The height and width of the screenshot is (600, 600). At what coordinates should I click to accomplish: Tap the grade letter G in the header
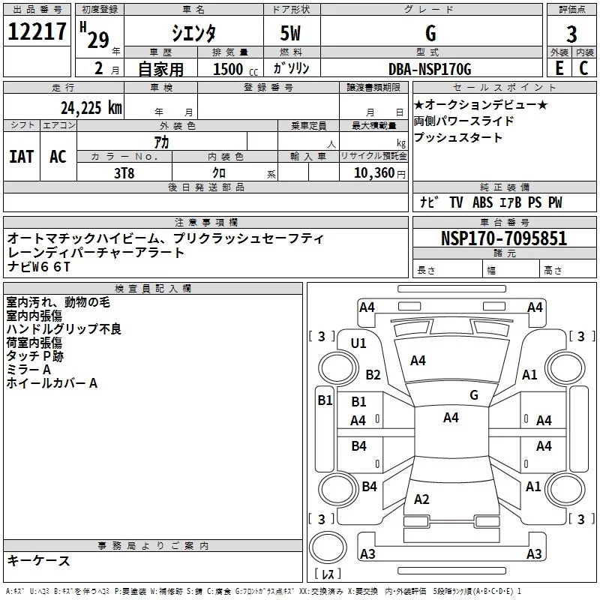pos(430,34)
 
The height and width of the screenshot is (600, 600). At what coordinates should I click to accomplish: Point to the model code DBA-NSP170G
pos(430,70)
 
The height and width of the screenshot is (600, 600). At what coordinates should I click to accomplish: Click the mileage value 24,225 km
pos(91,108)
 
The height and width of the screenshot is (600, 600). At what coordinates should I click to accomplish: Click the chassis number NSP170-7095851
pos(504,239)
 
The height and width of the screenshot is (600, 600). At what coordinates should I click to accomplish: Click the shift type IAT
pos(22,156)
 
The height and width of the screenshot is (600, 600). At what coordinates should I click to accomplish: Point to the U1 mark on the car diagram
pos(358,343)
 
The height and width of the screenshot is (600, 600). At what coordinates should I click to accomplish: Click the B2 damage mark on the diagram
pos(373,375)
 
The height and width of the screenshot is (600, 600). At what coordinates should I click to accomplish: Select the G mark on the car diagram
pos(474,395)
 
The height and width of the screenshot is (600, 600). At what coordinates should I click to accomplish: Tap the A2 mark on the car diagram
pos(421,499)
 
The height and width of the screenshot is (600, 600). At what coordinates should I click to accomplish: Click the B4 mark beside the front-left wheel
pos(369,487)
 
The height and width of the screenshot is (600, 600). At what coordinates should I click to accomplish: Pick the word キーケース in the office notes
pos(39,561)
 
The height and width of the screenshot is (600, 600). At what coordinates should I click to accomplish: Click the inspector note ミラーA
pos(28,370)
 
